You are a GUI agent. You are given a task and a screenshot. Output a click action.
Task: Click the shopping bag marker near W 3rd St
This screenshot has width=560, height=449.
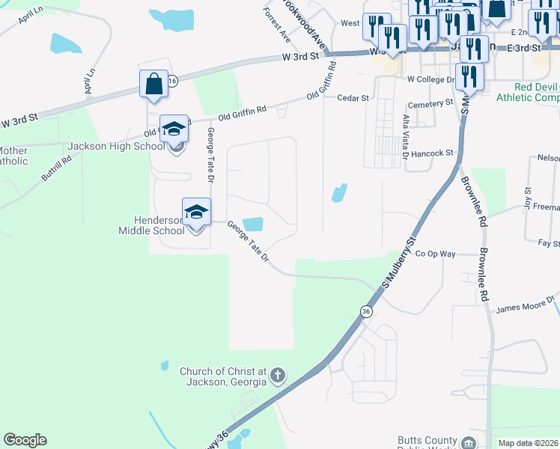coord(153,84)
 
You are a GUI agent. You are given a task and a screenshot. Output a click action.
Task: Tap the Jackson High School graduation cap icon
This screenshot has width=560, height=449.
coord(174,129)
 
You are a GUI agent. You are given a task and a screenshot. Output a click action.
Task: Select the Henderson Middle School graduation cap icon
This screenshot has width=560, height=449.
coord(196,212)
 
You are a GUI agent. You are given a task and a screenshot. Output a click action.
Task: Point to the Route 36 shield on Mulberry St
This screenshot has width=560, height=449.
coord(366,311)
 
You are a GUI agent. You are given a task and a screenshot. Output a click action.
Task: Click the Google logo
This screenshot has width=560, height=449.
coord(25,440)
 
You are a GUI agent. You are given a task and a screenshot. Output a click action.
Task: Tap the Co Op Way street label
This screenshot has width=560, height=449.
coord(436,254)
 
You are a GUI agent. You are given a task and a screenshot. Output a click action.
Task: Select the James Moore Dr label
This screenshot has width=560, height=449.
coord(523,308)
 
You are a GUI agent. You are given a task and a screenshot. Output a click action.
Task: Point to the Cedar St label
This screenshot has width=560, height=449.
coord(353,98)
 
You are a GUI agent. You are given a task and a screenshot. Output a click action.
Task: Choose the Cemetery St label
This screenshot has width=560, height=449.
coord(429,103)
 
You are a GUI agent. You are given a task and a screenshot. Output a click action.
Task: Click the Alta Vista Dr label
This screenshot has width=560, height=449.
coord(406,137)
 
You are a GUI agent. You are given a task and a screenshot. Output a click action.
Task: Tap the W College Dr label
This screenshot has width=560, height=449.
coord(430,79)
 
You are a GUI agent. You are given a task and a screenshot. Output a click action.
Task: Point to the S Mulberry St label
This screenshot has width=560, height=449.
coord(398,263)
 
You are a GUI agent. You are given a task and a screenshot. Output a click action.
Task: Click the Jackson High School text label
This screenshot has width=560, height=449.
coord(116,146)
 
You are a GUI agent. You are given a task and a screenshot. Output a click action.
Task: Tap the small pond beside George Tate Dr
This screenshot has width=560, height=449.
coord(253,224)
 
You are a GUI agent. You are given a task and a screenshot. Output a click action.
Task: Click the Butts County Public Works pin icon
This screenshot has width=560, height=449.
coord(469,443)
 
